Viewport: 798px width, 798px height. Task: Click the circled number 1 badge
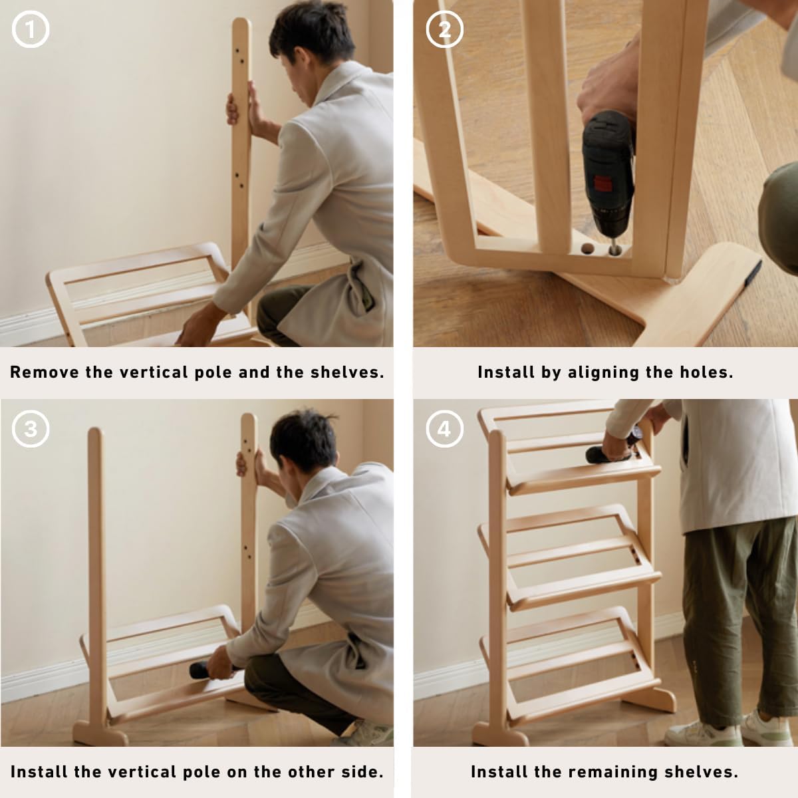coord(31,29)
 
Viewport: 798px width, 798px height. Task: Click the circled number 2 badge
coord(445,29)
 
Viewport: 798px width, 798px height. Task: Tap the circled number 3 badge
coord(31,429)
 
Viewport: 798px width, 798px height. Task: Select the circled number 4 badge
coord(445,429)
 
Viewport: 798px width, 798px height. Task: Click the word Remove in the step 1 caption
coord(45,372)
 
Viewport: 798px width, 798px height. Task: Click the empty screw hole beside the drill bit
coord(587,249)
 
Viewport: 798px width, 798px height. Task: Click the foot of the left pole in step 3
coord(100,733)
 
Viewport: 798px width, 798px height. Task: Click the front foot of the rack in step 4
coord(500,733)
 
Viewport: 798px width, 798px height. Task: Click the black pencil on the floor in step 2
coord(753,273)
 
